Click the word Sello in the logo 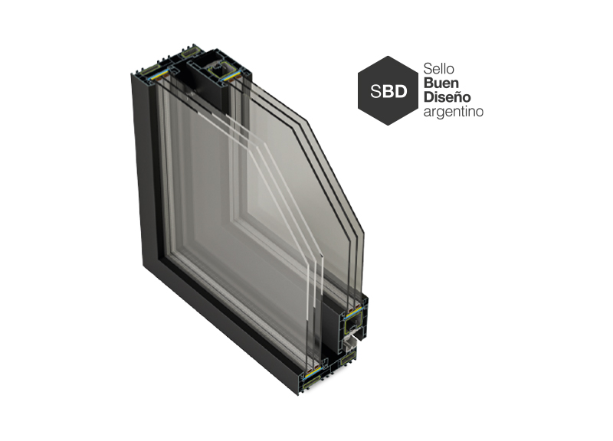438,69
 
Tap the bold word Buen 441,83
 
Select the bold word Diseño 447,97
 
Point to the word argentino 454,112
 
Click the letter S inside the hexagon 375,91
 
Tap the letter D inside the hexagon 399,91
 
